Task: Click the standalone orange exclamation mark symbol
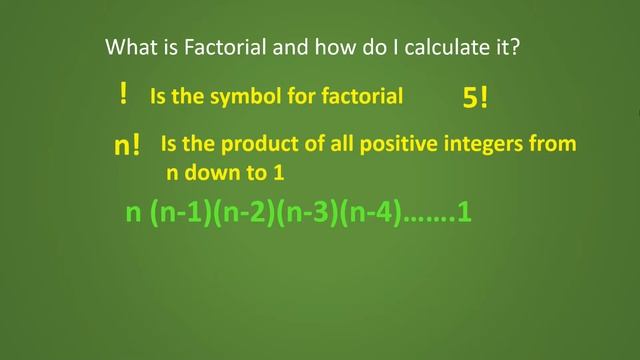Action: [x=123, y=95]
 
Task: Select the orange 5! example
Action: [x=475, y=97]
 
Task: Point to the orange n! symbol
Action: [x=127, y=146]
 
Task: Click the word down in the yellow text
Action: [x=209, y=173]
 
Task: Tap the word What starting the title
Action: [x=128, y=47]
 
